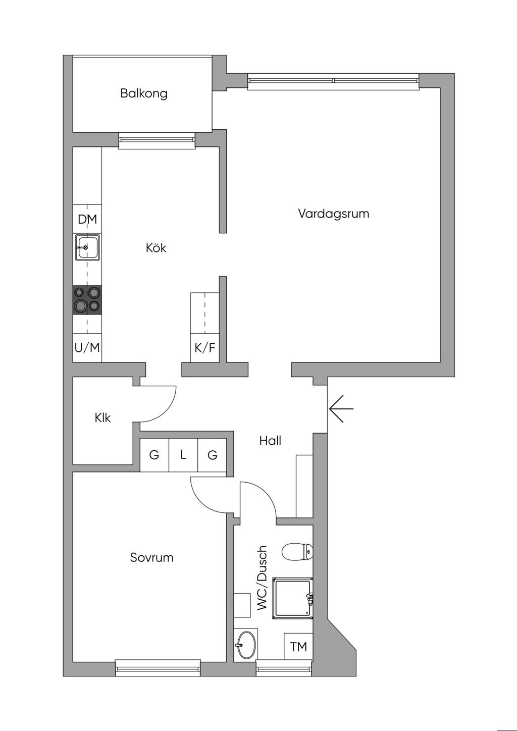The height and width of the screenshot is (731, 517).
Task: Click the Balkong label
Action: tap(143, 94)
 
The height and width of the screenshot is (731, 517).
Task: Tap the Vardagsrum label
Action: tap(333, 214)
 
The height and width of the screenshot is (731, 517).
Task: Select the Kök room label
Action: tap(156, 248)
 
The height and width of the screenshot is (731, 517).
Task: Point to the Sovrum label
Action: tap(151, 557)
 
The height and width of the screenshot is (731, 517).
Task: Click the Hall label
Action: tap(270, 441)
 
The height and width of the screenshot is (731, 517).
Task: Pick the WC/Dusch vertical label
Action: tap(262, 578)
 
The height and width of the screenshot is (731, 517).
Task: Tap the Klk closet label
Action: tap(102, 417)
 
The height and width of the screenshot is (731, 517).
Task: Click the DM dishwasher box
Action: tap(87, 219)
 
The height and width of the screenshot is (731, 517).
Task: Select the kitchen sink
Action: tap(87, 247)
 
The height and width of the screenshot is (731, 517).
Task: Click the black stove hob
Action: tap(87, 300)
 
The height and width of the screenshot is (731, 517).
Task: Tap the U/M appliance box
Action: tap(87, 348)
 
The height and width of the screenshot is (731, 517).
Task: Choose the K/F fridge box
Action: tap(204, 348)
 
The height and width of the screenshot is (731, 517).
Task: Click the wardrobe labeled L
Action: tap(183, 455)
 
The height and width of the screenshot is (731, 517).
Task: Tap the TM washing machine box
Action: tap(298, 647)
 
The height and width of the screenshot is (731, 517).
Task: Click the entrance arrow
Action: tap(341, 408)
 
